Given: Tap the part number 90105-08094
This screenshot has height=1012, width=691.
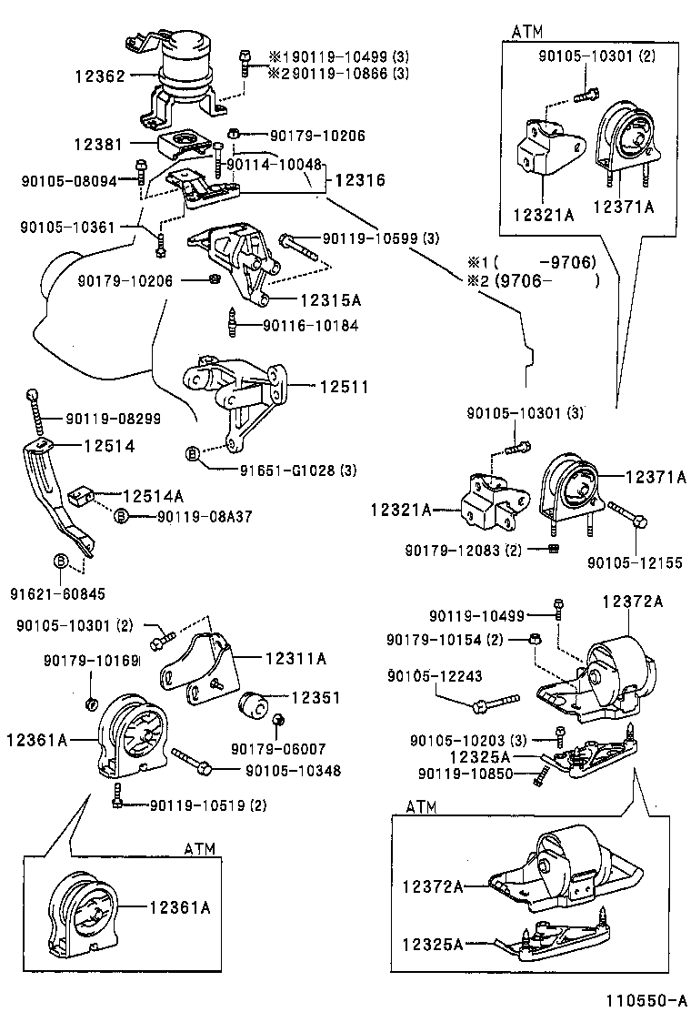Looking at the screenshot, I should point(69,181).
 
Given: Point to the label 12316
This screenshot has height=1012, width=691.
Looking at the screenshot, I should point(355,181).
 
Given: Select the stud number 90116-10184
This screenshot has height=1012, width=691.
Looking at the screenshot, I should point(310,325).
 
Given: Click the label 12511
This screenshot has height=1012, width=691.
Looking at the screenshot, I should point(343,387).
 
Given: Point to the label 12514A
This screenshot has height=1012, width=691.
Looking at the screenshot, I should point(153,495).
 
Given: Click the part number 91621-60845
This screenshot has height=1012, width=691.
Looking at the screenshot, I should point(45,593).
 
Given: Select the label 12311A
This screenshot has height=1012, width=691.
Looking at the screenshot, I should point(295,657).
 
